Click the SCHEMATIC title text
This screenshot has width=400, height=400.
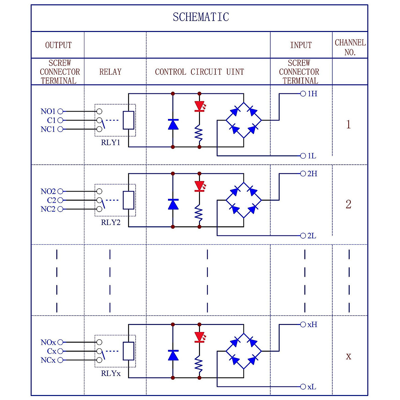pos(201,17)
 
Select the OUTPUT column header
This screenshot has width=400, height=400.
pos(58,45)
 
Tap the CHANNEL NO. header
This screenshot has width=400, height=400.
pos(350,47)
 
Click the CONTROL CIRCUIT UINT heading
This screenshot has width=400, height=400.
pos(199,72)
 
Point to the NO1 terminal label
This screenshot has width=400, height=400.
pos(48,111)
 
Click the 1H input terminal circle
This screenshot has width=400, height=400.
pos(303,94)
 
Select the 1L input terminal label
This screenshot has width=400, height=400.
pos(312,156)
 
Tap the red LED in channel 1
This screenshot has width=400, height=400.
pos(199,106)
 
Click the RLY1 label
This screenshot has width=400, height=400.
pos(110,143)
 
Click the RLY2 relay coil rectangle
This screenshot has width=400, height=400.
pos(129,200)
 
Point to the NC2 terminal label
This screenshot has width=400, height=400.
pos(48,209)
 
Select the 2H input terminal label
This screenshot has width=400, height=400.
pos(312,174)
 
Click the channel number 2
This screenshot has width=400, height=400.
pos(348,204)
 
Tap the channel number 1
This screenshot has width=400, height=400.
pos(348,124)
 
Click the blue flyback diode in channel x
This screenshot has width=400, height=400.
pos(173,355)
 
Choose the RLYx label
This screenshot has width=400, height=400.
pos(111,374)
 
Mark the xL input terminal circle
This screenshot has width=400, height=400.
pos(303,387)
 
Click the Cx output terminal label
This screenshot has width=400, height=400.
pos(52,351)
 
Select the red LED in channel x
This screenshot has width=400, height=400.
pos(199,337)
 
